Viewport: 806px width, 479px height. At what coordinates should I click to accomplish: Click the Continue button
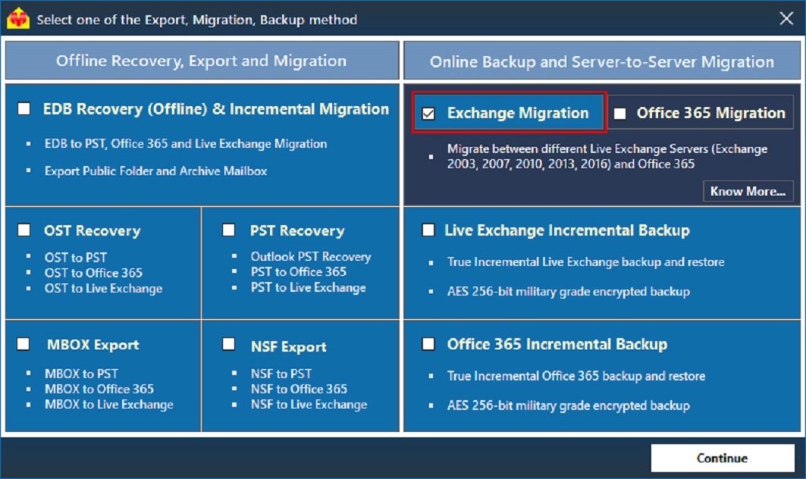coord(722,458)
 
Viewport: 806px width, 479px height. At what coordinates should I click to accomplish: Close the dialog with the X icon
coord(786,19)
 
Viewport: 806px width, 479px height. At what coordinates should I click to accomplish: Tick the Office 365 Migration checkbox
coord(620,114)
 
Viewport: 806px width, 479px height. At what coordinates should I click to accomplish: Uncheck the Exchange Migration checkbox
coord(428,114)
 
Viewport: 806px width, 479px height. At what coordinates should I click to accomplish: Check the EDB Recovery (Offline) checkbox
coord(24,109)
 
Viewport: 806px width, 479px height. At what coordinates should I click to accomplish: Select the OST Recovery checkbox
coord(24,230)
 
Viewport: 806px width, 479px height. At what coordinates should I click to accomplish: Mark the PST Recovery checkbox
coord(229,230)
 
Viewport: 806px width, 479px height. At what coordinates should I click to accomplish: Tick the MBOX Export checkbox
coord(24,345)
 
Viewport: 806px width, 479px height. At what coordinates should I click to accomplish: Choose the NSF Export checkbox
coord(229,345)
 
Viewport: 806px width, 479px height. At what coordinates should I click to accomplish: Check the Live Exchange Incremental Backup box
coord(428,230)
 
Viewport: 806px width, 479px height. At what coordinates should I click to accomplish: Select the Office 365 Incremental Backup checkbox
coord(428,344)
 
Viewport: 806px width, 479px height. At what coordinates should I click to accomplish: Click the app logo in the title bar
coord(18,20)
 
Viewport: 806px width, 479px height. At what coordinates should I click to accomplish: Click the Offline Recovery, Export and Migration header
coord(201,61)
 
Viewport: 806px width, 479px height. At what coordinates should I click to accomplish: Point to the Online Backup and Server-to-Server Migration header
coord(602,62)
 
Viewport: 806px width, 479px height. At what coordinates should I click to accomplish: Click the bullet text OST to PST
coord(76,258)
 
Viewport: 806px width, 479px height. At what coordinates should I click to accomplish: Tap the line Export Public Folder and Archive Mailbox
coord(155,171)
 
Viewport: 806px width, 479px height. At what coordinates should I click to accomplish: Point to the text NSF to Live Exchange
coord(309,405)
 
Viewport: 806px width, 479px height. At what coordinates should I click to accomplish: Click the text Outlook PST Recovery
coord(311,257)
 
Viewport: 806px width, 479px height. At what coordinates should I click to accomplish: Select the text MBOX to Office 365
coord(99,389)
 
